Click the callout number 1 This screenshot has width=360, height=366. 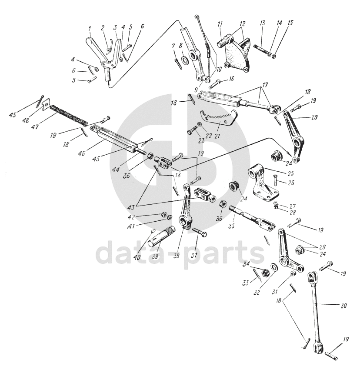click(x=90, y=29)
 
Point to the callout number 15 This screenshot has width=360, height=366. click(x=290, y=23)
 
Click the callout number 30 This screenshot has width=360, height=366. click(x=343, y=306)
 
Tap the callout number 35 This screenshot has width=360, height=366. click(x=232, y=226)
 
